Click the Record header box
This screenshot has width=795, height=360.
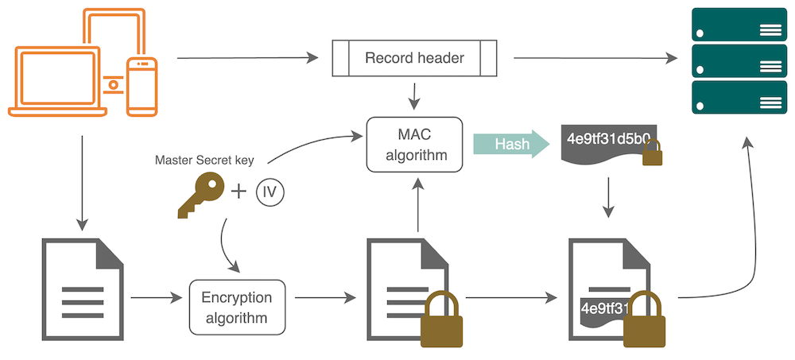tap(413, 58)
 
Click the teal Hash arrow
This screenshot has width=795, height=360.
tap(510, 144)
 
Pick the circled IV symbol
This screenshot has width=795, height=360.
tap(270, 192)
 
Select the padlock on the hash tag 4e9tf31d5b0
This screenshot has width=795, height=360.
tap(651, 153)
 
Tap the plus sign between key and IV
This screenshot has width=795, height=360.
tap(238, 192)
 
